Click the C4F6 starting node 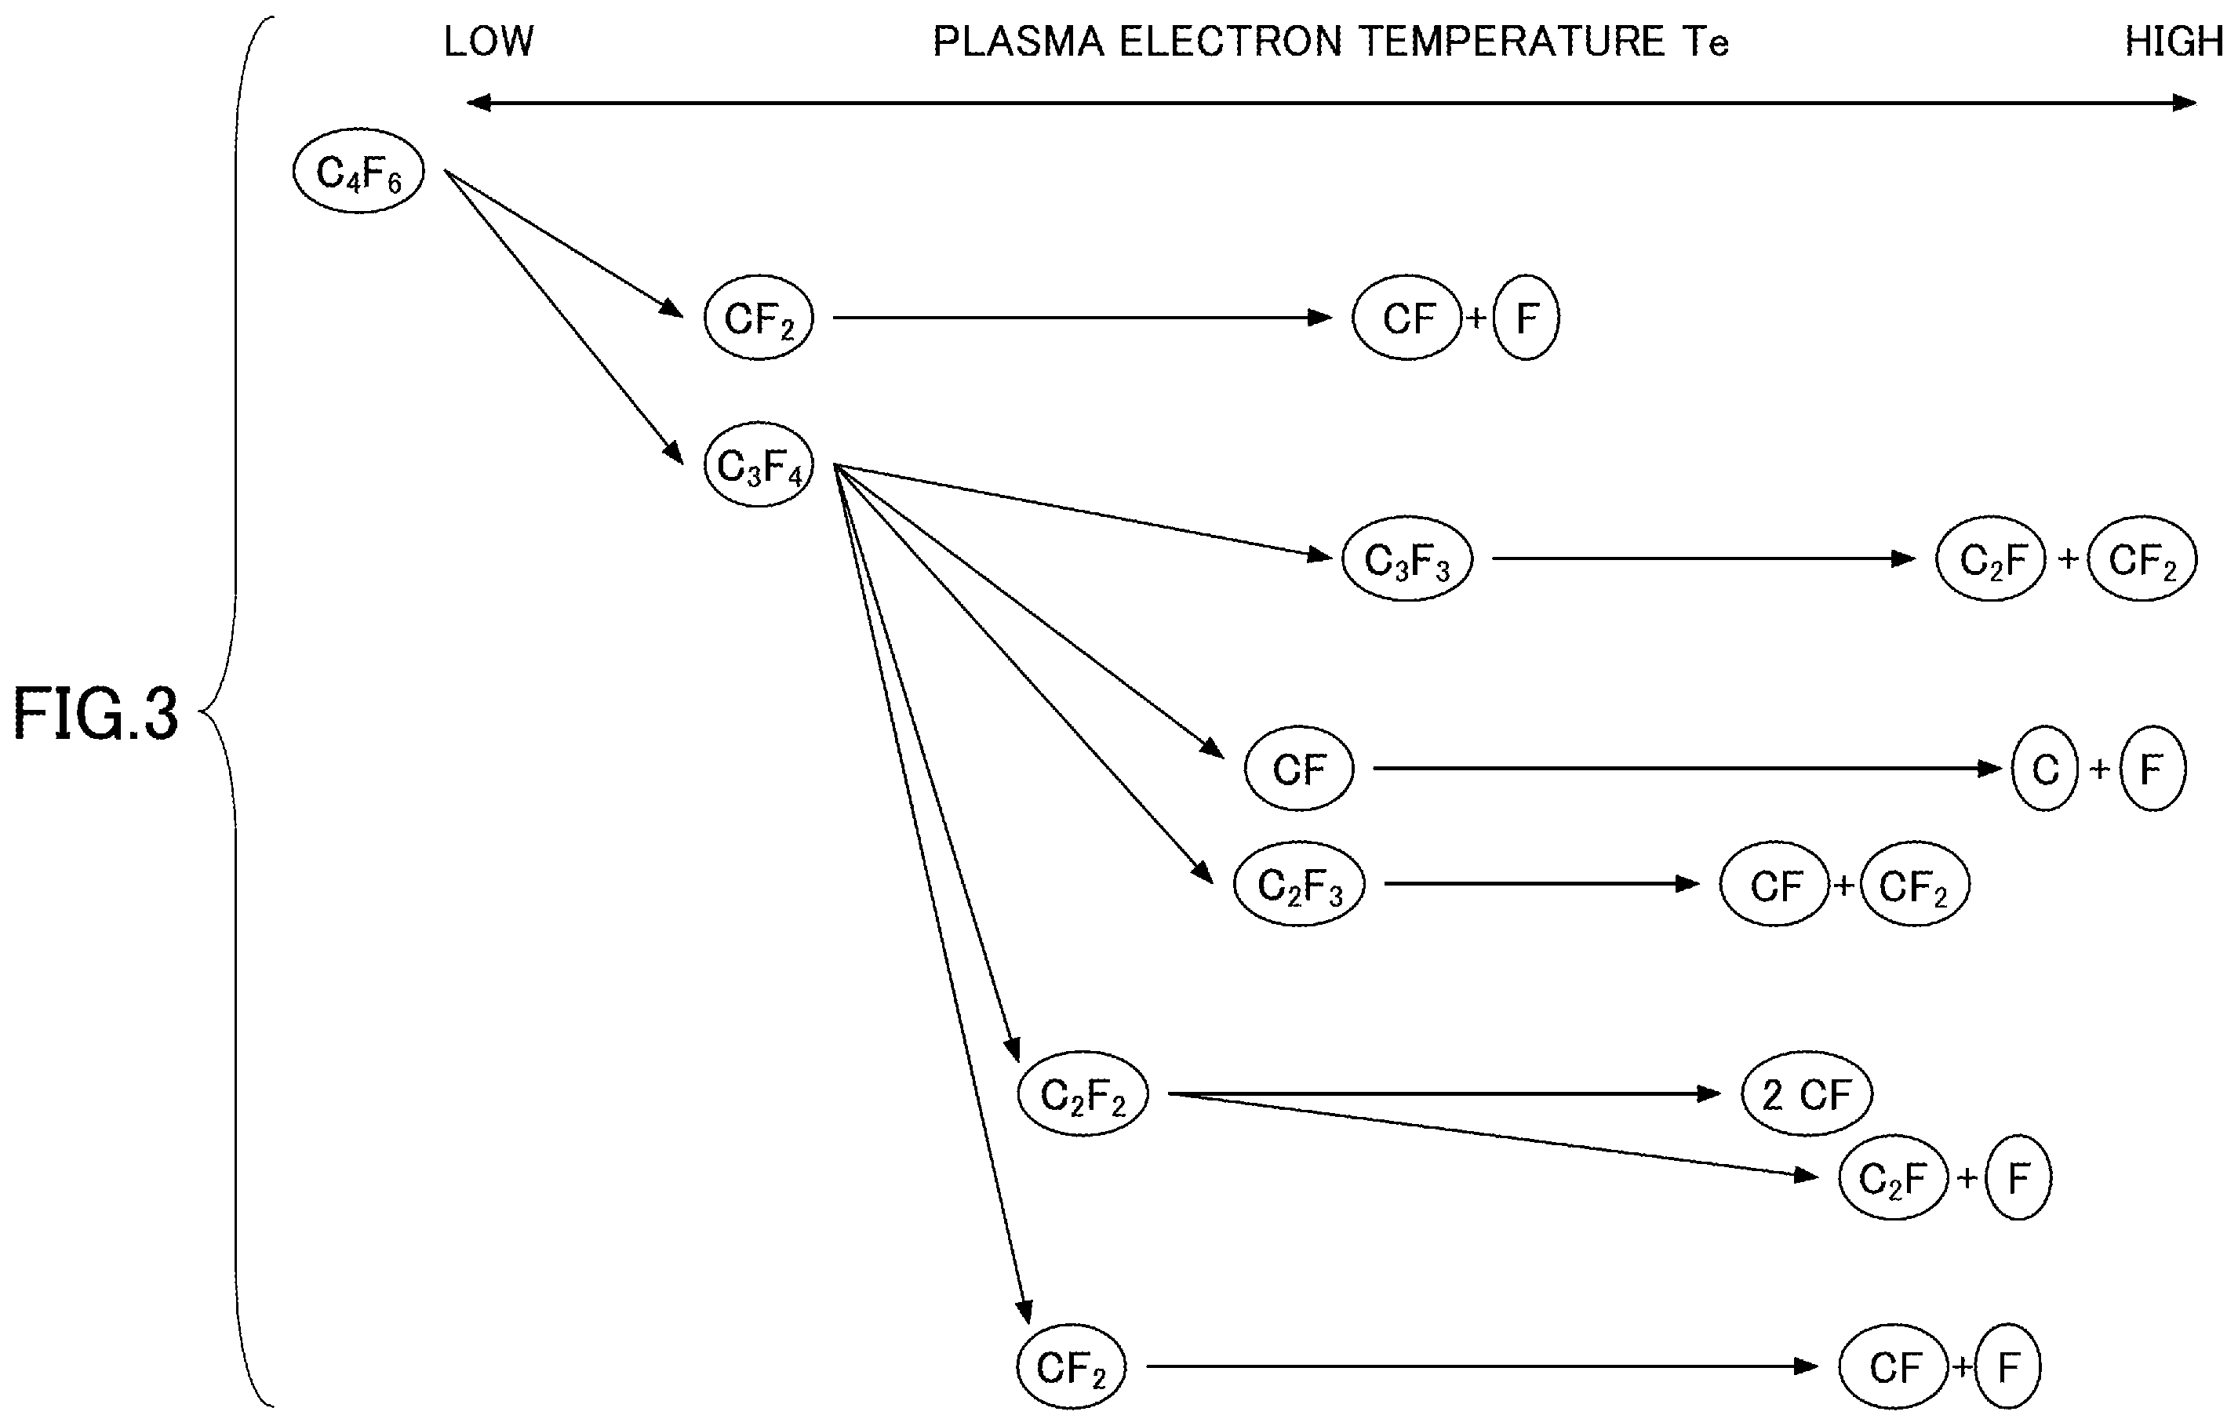click(x=358, y=171)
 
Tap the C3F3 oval click(x=1407, y=558)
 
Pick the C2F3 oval click(x=1299, y=883)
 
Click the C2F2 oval click(x=1083, y=1093)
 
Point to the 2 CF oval click(x=1807, y=1093)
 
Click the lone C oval click(x=2045, y=769)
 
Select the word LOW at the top click(x=489, y=42)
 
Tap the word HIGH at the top click(x=2174, y=42)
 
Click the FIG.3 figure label click(x=95, y=713)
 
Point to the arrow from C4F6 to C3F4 click(x=564, y=316)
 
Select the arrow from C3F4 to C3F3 click(x=1083, y=511)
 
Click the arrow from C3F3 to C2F click(x=1704, y=558)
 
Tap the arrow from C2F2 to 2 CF click(x=1444, y=1093)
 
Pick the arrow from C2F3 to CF click(x=1542, y=883)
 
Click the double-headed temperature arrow click(x=1331, y=102)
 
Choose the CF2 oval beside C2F click(x=2142, y=558)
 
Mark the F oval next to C click(x=2152, y=769)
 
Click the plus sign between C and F click(x=2099, y=769)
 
